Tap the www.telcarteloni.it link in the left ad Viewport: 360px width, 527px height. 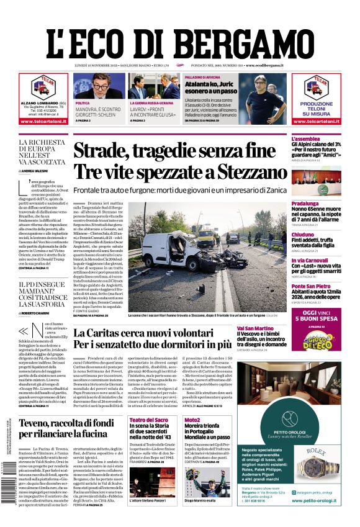[x=43, y=121]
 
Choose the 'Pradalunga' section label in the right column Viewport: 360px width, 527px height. [x=305, y=204]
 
